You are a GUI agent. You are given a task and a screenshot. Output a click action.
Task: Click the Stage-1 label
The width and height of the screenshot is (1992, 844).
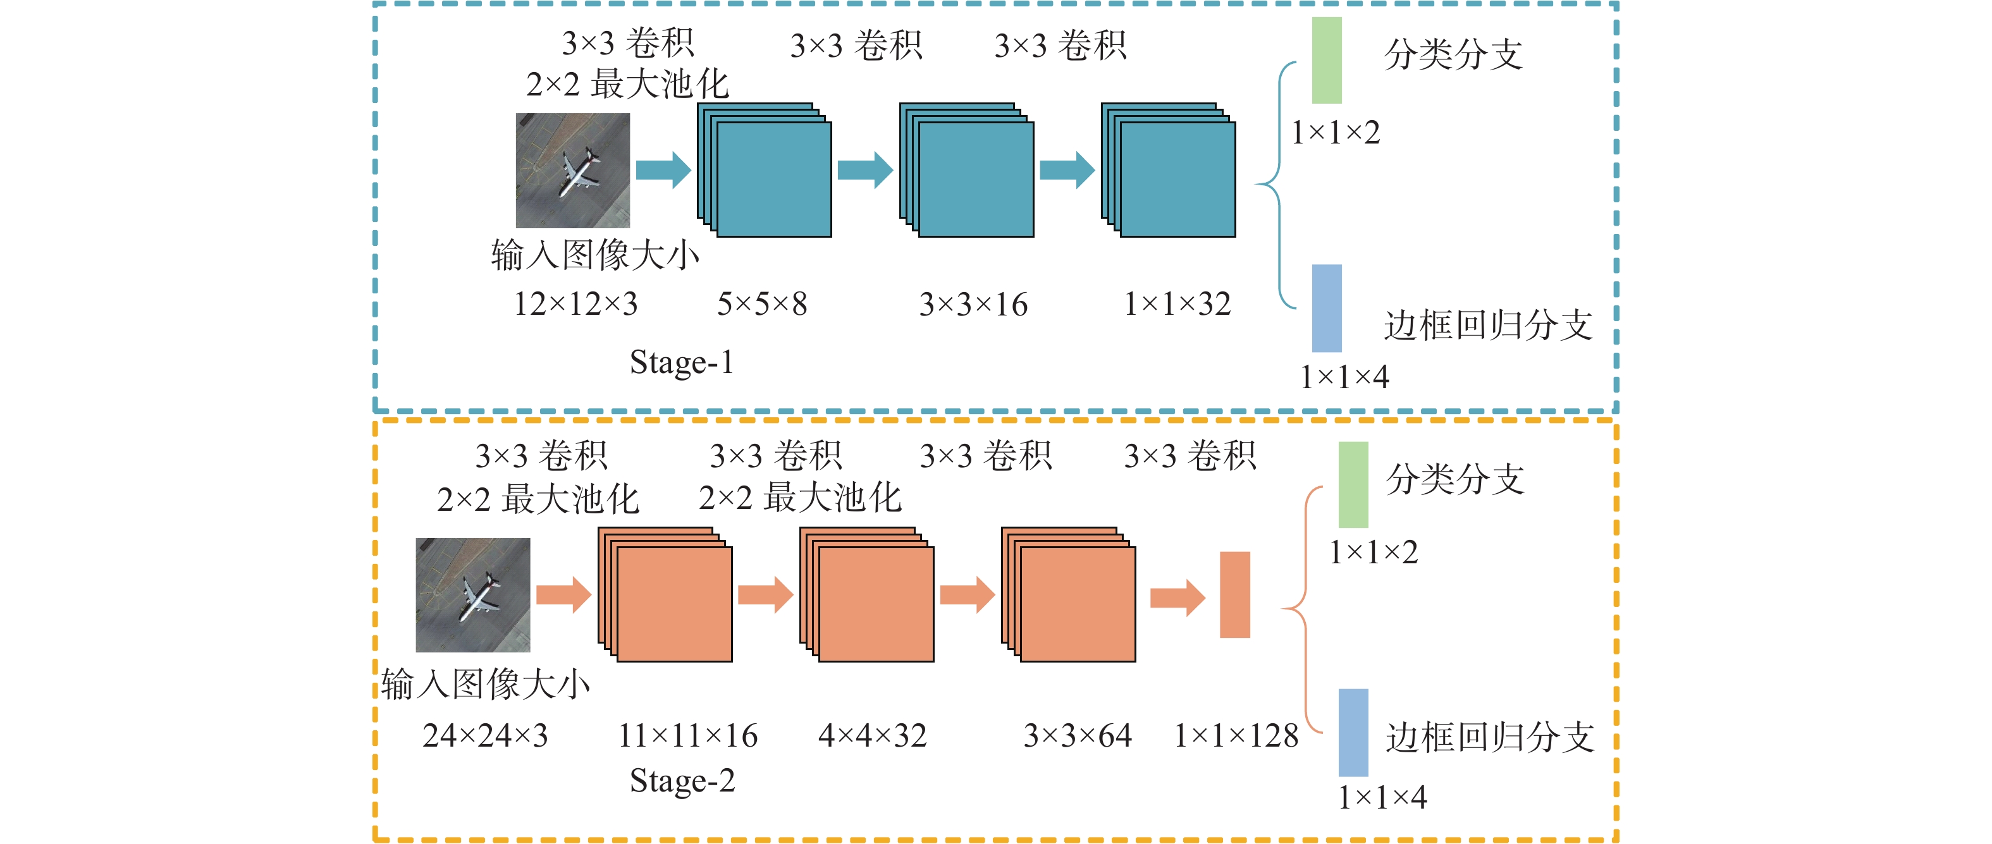click(681, 362)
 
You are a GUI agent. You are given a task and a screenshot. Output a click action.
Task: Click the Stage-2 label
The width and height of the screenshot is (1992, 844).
click(682, 781)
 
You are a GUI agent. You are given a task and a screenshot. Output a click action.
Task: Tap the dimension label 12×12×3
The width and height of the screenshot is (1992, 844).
click(575, 303)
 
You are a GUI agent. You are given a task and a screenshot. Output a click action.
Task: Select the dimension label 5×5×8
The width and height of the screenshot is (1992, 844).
click(761, 303)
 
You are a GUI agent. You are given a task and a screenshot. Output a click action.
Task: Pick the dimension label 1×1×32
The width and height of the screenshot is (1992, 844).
click(1177, 303)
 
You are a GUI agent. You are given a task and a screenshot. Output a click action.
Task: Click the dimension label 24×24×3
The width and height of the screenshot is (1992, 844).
click(485, 735)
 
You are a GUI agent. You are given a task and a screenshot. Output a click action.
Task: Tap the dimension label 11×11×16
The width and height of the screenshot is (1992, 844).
click(687, 735)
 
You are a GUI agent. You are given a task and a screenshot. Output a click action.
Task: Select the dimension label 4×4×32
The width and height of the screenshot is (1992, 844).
click(872, 735)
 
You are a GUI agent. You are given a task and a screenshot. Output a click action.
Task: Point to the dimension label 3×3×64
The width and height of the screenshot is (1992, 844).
click(1077, 735)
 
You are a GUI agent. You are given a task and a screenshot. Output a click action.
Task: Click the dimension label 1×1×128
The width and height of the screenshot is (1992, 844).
click(1236, 735)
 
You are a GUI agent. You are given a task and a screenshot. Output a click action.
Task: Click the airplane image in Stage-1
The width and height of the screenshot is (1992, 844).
click(572, 170)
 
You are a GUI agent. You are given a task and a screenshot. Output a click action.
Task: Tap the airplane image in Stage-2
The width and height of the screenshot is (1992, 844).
click(472, 594)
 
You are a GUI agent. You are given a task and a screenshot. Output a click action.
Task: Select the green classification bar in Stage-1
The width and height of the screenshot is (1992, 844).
click(1326, 60)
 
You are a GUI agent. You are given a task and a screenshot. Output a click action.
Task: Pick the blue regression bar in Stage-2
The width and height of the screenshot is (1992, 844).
click(1353, 732)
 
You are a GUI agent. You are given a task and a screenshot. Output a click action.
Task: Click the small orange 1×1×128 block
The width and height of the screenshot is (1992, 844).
click(1234, 594)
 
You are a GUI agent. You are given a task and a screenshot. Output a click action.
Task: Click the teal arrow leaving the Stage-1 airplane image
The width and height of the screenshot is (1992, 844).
click(663, 170)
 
